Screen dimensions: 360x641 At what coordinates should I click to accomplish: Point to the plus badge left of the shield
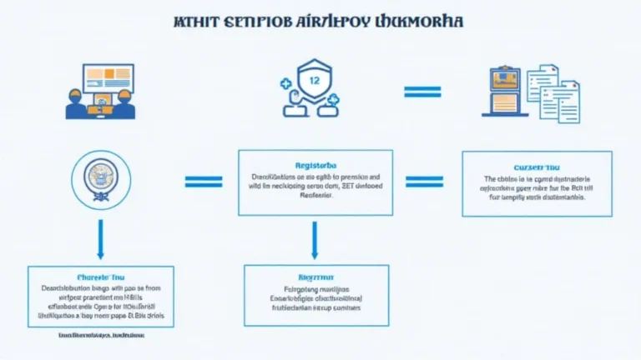point(285,82)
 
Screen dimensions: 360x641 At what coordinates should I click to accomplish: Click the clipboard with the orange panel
point(505,92)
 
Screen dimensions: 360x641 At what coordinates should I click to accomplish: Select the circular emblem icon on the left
point(100,178)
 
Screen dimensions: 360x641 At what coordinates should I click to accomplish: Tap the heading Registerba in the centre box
point(315,164)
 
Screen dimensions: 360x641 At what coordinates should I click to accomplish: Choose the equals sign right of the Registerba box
point(424,181)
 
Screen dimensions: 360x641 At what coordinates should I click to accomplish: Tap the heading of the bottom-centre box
point(315,274)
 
